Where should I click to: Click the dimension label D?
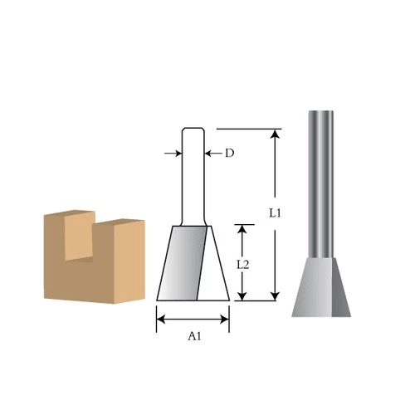(229, 153)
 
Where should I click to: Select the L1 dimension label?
(275, 213)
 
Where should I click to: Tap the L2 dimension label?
(243, 265)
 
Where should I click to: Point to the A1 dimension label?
(194, 336)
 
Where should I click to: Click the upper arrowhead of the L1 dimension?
(275, 134)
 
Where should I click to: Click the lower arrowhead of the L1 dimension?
(275, 296)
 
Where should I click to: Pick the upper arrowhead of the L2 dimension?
(242, 229)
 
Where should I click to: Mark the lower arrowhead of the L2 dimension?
(242, 296)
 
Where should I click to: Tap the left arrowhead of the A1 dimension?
(161, 320)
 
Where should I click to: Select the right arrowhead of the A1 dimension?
(225, 320)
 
